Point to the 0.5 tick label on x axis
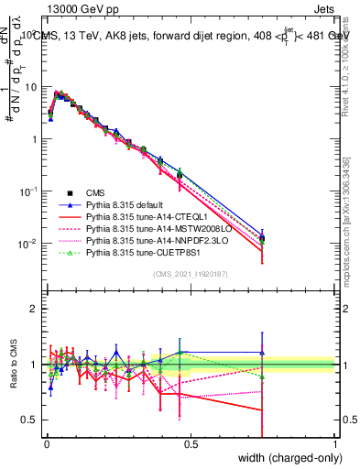(x=191, y=443)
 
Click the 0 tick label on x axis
(x=47, y=443)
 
